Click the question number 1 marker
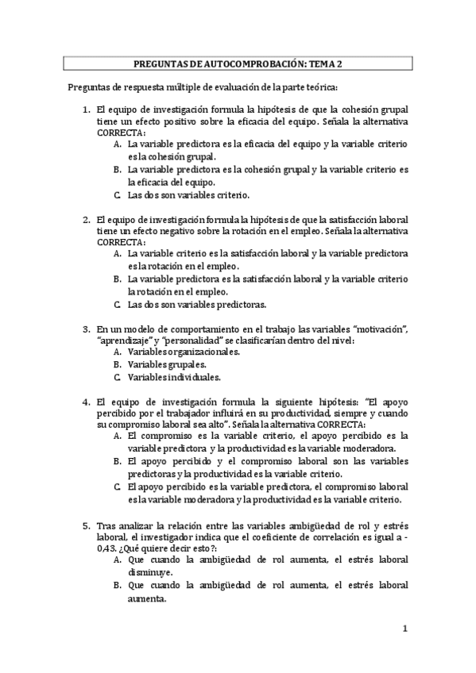click(87, 109)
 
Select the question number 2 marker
click(87, 218)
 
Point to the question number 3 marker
click(87, 328)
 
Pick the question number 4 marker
click(87, 402)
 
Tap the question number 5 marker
click(87, 525)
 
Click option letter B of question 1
click(117, 169)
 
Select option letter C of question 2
click(117, 303)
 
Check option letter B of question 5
click(117, 585)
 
